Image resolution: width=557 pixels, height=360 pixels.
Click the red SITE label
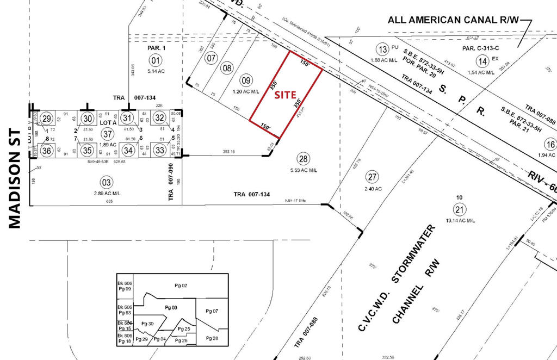click(x=284, y=94)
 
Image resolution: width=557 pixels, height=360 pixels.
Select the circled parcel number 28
click(x=303, y=159)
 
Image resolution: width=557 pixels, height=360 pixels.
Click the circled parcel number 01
click(x=156, y=60)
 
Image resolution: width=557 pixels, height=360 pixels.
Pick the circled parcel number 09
click(x=246, y=80)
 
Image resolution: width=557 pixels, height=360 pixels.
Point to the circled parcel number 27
click(x=372, y=177)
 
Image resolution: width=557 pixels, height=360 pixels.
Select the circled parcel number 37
click(x=107, y=134)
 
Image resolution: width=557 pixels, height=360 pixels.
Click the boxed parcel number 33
click(x=159, y=149)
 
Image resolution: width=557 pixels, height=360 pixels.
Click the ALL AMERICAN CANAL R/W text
click(x=454, y=21)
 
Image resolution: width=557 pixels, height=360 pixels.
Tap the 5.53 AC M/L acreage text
click(x=302, y=170)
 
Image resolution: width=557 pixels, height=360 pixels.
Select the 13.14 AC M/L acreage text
click(x=460, y=220)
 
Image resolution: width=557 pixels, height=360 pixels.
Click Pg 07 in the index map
click(x=212, y=311)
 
